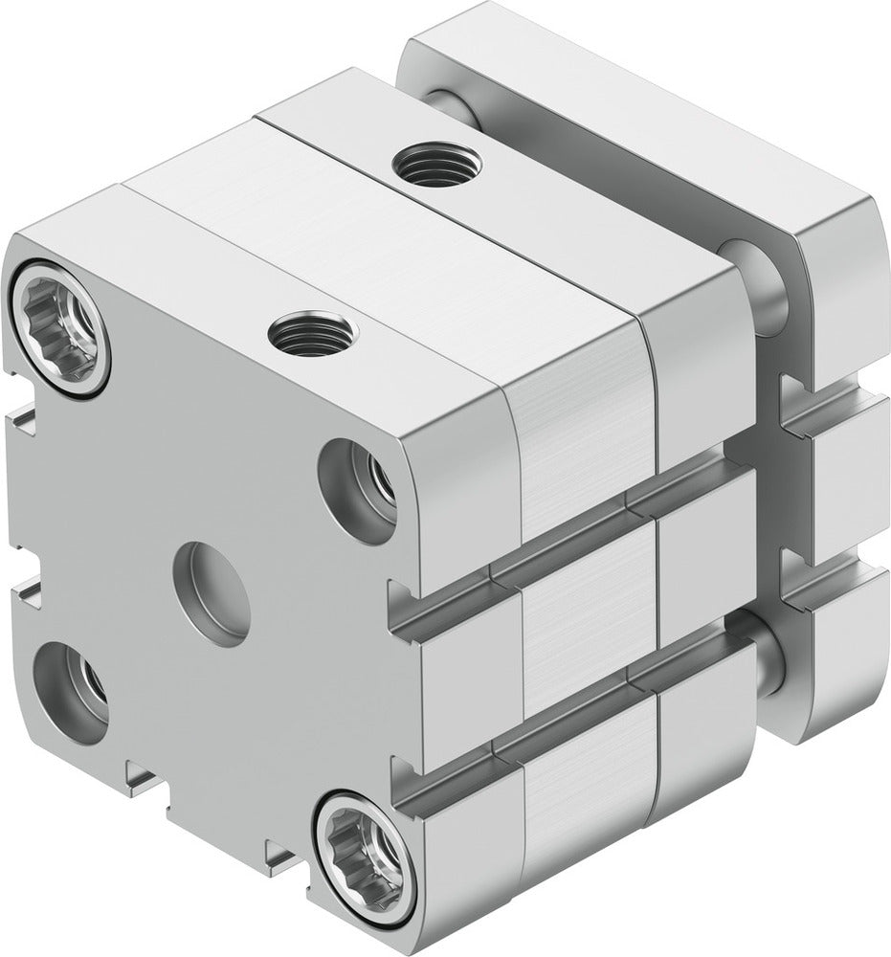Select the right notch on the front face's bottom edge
tap(279, 847)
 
